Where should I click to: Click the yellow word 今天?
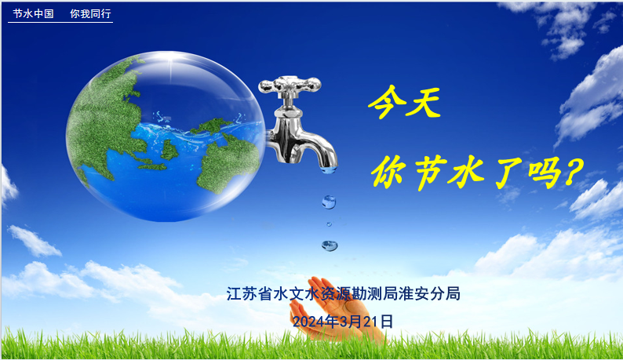pos(404,102)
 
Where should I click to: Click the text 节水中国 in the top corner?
pos(34,13)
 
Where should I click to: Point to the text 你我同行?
pos(90,13)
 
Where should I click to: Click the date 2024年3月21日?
pos(343,322)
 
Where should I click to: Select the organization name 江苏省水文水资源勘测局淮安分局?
pos(344,293)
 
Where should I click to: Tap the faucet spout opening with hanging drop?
pos(329,169)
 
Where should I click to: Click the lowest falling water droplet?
pos(330,245)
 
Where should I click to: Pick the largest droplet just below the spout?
pos(329,202)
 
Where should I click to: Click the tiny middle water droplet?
pos(329,224)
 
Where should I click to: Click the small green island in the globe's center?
pos(169,149)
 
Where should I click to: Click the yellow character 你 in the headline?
pos(390,172)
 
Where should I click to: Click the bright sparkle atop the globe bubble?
pos(172,59)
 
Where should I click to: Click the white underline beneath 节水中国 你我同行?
pos(60,22)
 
